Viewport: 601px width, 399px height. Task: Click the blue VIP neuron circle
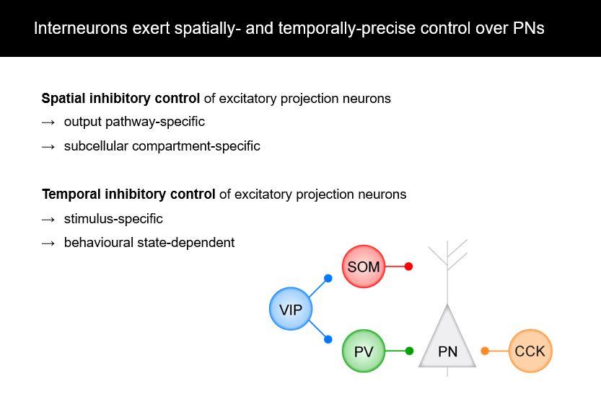click(x=291, y=310)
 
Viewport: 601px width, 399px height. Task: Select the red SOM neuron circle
click(x=364, y=266)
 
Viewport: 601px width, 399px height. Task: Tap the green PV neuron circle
click(x=364, y=351)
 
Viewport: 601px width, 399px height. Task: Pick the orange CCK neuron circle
click(x=530, y=351)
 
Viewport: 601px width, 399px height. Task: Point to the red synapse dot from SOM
click(x=408, y=266)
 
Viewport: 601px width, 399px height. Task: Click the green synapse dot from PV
click(x=409, y=351)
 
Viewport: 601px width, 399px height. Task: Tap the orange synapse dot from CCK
click(x=485, y=351)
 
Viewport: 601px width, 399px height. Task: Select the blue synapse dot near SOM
click(x=328, y=278)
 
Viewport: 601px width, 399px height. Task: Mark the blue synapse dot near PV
click(x=328, y=339)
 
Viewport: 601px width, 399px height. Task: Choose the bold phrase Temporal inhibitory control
click(x=128, y=194)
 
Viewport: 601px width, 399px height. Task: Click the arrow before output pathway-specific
click(x=48, y=122)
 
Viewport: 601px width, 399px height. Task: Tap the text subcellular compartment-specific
click(x=162, y=146)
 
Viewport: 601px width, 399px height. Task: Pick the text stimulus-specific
click(x=113, y=219)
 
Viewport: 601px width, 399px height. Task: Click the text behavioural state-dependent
click(x=149, y=243)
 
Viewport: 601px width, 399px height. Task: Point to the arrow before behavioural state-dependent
click(x=48, y=243)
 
